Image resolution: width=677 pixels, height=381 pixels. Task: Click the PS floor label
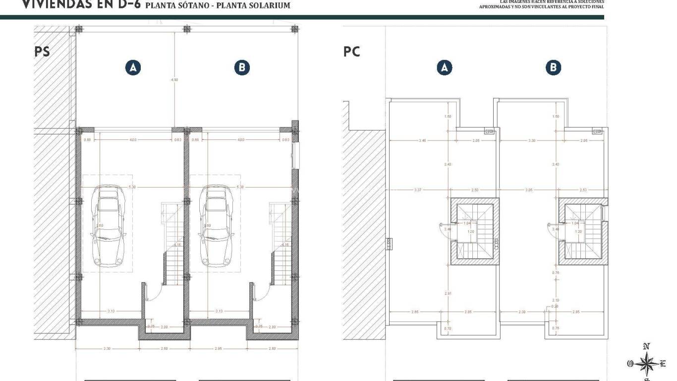(x=42, y=52)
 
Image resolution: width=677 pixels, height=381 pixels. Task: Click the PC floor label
(x=351, y=52)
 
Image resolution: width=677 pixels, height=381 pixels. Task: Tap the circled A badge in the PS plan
(x=133, y=67)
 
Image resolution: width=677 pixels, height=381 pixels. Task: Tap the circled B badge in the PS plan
(x=241, y=67)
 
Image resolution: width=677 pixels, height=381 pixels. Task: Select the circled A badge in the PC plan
(x=445, y=67)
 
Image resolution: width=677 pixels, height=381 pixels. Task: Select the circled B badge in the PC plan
(x=553, y=67)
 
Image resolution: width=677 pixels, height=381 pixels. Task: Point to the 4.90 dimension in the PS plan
(x=174, y=79)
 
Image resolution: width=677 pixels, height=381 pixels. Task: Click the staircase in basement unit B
(x=280, y=243)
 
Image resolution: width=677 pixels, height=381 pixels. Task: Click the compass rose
(x=646, y=364)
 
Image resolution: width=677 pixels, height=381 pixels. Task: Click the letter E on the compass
(x=663, y=364)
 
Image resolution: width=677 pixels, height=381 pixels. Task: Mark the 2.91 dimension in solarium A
(x=448, y=294)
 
